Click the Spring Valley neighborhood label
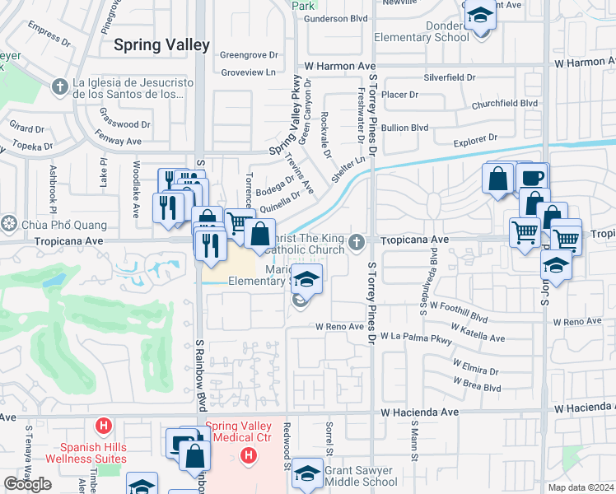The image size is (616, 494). click(161, 45)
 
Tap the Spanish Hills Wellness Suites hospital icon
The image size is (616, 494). click(103, 426)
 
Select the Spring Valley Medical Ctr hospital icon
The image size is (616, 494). click(246, 456)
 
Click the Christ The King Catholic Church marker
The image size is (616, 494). click(356, 241)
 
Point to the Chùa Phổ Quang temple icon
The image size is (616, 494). click(9, 224)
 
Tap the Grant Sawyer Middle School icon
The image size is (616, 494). click(307, 474)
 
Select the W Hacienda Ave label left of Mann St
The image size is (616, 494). click(419, 411)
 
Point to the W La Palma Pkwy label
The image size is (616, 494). click(417, 338)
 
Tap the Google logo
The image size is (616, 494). click(27, 484)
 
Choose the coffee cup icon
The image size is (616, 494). click(533, 178)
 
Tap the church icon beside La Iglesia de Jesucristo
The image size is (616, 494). click(59, 86)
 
